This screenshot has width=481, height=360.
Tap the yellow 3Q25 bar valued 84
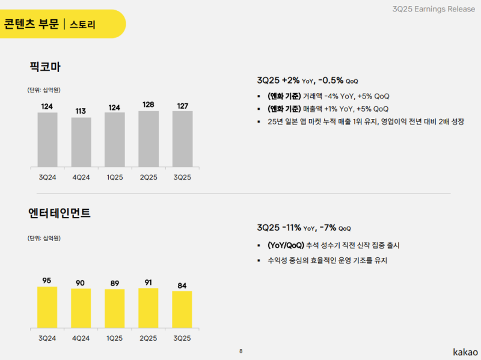pos(182,310)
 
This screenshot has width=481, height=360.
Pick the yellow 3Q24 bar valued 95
pos(47,307)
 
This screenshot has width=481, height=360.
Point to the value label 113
pos(81,111)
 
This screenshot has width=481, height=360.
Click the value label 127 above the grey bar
pos(182,106)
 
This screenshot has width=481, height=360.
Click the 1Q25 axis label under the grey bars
pos(115,177)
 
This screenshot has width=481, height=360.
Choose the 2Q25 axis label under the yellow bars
pos(149,338)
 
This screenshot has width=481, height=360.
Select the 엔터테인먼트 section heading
pos(59,213)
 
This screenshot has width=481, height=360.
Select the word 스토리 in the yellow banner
pos(82,25)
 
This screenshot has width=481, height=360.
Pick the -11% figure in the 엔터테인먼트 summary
pos(292,228)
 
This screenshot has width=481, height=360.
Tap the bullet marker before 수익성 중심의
pos(259,260)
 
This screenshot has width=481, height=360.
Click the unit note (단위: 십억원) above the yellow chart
pos(44,238)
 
